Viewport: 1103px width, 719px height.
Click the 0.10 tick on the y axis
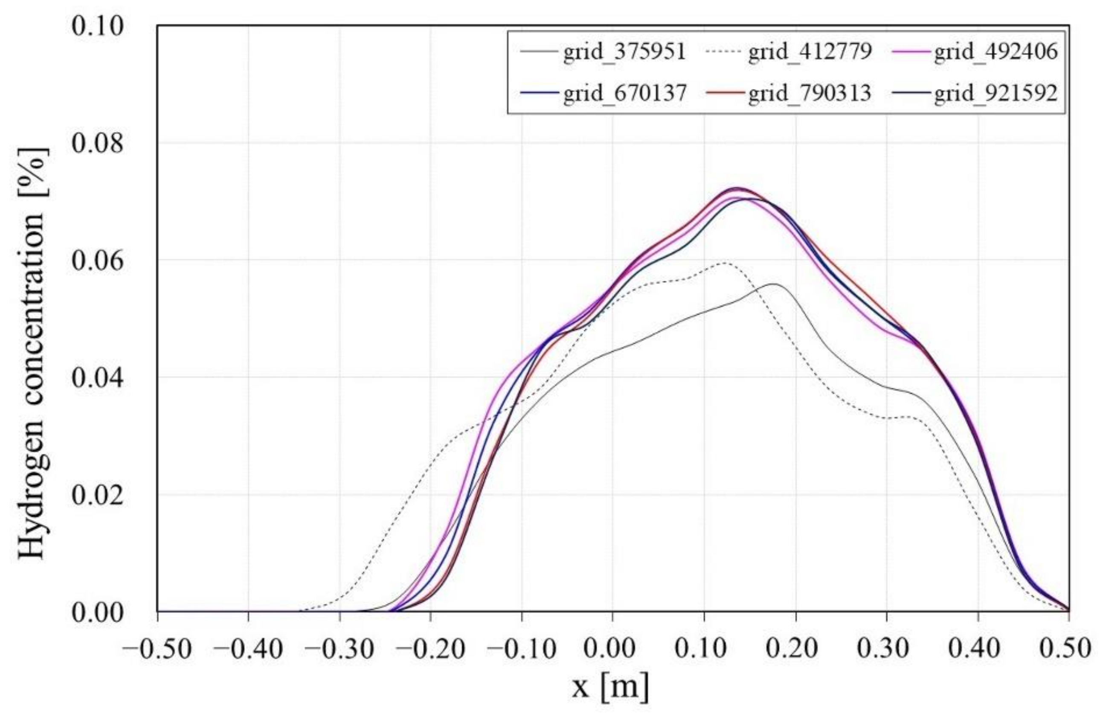tap(91, 26)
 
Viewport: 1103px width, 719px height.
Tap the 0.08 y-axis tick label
tap(91, 143)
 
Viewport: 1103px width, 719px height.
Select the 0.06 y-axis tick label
tap(91, 261)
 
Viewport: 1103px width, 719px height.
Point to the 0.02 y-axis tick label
tap(91, 495)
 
